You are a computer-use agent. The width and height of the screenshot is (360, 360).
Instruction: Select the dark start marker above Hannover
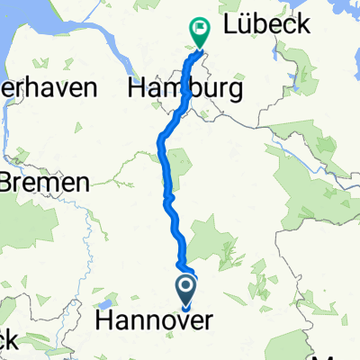[186, 289]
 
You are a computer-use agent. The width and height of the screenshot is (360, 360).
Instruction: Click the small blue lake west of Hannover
[108, 303]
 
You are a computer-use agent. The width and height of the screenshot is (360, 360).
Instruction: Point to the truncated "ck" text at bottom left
[9, 339]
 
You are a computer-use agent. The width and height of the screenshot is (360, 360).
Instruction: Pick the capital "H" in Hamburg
[139, 89]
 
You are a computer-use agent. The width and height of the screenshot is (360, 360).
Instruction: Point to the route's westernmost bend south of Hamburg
[161, 139]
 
